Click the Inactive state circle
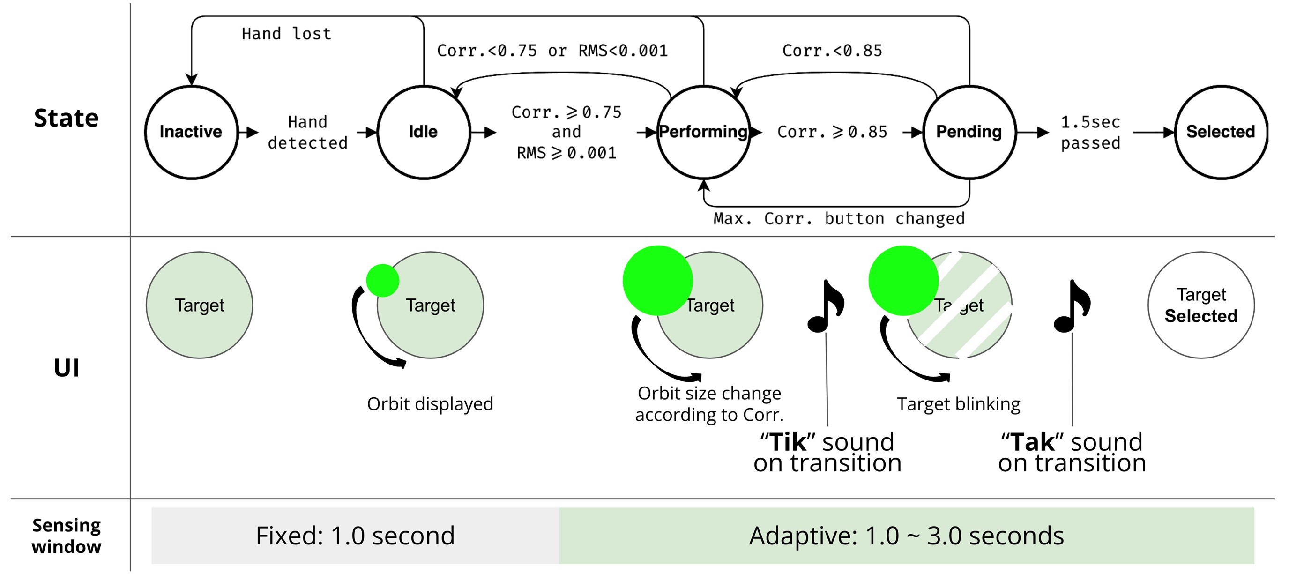(191, 132)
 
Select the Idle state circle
(423, 132)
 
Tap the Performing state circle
(704, 132)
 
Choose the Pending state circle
(969, 132)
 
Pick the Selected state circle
(1221, 132)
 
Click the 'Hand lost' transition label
(286, 34)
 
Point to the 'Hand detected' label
(307, 133)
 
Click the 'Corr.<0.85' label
(832, 51)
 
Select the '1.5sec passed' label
(1091, 133)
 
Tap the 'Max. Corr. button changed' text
(839, 219)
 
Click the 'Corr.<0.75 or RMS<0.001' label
(552, 51)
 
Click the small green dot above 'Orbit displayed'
(383, 281)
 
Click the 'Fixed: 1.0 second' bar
(355, 536)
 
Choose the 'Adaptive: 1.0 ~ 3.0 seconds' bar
(906, 536)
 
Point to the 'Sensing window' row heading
(67, 536)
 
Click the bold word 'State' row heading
(67, 118)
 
